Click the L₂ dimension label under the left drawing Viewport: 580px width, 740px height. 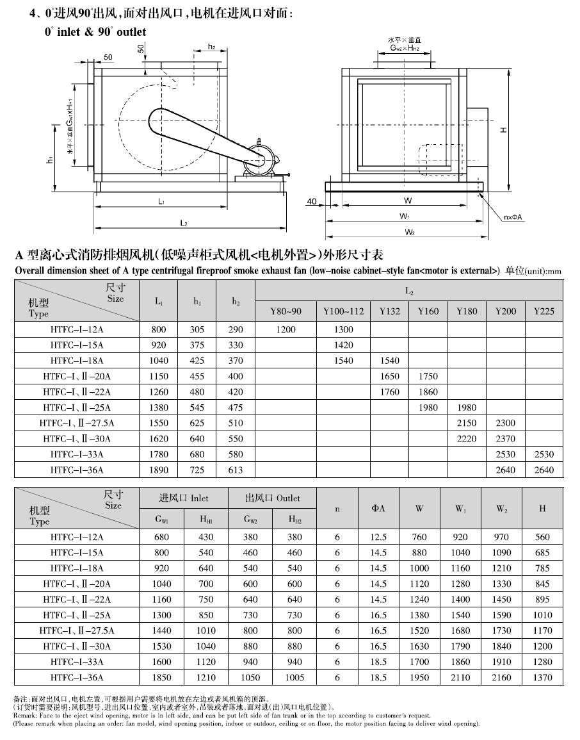coord(183,223)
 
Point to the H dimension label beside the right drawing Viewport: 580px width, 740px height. coord(503,130)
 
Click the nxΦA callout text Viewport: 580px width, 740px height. coord(513,218)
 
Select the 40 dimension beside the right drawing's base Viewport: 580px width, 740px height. coord(312,202)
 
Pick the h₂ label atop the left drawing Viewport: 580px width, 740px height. coord(211,47)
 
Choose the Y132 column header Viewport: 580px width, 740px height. coord(390,311)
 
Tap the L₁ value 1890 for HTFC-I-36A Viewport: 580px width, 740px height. coord(159,470)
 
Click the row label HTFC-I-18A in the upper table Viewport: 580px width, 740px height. coord(77,361)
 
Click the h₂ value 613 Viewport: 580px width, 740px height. coord(236,470)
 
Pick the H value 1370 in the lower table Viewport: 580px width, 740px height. coord(542,677)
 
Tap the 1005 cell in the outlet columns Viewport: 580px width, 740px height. coord(294,677)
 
